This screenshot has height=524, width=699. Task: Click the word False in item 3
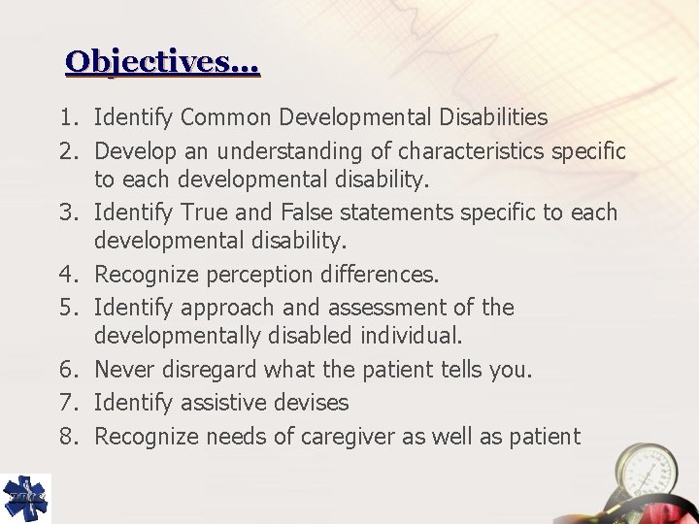pos(310,213)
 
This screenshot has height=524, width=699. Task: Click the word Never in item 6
pos(124,370)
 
